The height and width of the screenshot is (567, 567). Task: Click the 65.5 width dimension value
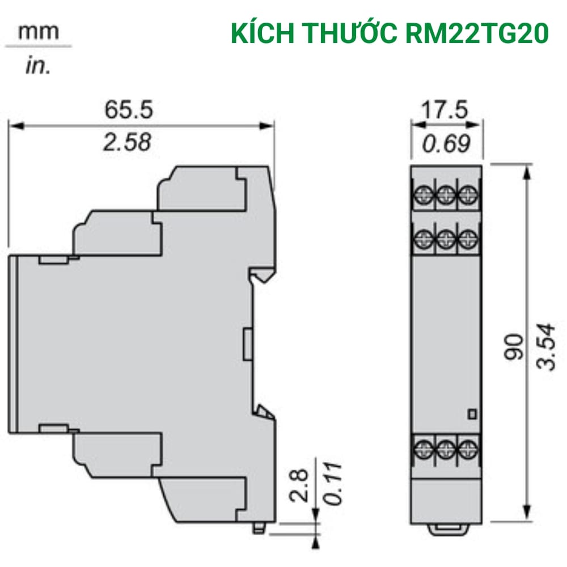coord(128,109)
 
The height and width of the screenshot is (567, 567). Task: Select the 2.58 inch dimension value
coord(126,142)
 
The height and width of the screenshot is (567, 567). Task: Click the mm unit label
coord(38,32)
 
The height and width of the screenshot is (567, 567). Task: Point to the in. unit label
coord(38,66)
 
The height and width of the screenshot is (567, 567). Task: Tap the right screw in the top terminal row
coord(467,194)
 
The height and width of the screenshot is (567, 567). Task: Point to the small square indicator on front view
coord(470,414)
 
